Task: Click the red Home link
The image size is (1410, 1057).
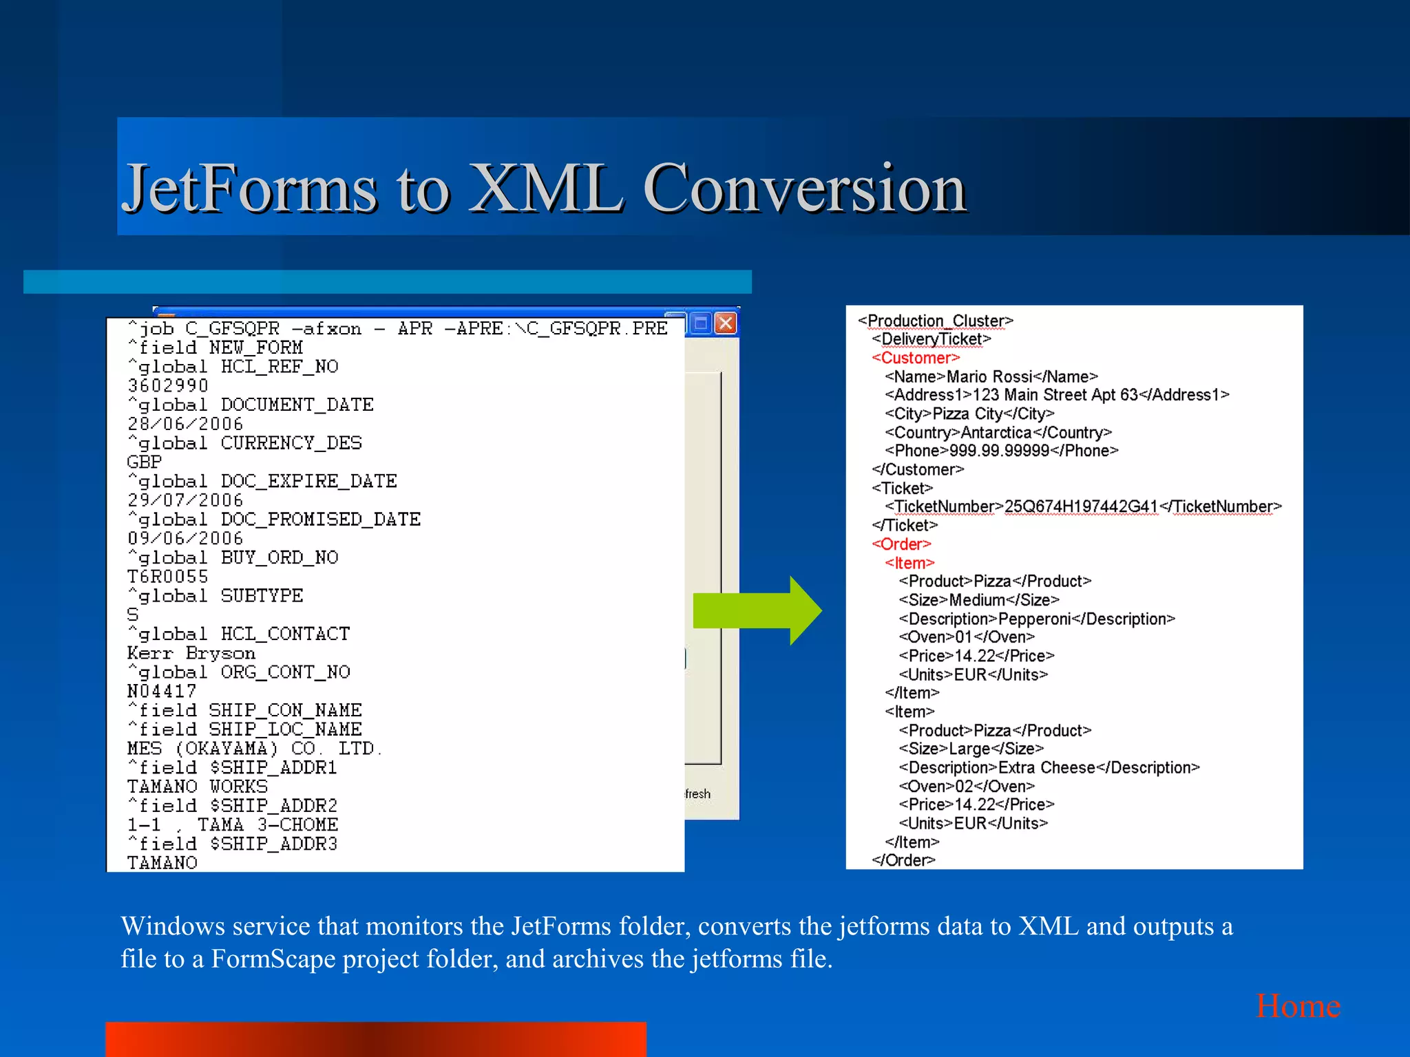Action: (1298, 1006)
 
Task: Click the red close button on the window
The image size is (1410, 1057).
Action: (726, 323)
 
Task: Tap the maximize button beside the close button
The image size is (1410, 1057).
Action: (701, 323)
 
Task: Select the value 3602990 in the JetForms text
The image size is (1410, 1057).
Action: (168, 385)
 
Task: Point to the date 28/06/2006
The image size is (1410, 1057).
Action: (185, 424)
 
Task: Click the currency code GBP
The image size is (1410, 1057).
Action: (145, 462)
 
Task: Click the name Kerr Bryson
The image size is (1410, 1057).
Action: (191, 653)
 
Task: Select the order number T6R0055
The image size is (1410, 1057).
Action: (168, 577)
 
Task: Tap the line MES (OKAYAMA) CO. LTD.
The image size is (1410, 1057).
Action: (254, 748)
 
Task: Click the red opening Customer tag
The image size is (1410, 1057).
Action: (915, 358)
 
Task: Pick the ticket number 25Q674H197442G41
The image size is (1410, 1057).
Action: (1081, 506)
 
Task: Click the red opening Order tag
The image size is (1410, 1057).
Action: (901, 544)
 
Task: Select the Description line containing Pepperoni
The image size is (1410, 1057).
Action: (1036, 619)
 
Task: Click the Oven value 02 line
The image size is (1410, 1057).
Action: (967, 786)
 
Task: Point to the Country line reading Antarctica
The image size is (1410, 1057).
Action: (998, 432)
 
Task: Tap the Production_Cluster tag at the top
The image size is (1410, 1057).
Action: (936, 321)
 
